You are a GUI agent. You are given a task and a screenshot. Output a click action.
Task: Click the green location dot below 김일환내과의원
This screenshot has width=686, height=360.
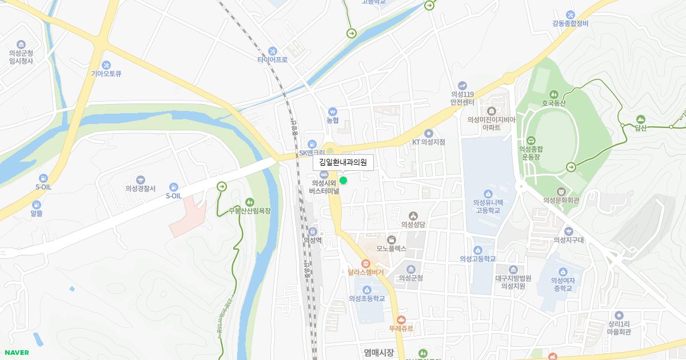pos(343,181)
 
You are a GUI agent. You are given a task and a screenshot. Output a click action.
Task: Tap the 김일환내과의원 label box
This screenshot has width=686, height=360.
pos(343,163)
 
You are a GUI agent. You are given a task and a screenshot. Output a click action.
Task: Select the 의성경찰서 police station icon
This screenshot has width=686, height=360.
pos(141,179)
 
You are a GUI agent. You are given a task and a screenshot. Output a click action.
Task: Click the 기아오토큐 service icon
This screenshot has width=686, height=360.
pos(106,65)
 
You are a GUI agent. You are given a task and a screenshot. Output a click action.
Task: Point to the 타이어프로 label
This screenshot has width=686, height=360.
pos(272,59)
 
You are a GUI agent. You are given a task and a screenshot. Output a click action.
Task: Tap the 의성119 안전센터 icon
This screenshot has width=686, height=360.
pos(462,85)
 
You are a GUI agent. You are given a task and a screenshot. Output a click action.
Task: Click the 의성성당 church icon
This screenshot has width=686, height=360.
pos(413,215)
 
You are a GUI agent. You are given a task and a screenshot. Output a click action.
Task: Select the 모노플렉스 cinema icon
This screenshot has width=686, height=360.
pos(392,239)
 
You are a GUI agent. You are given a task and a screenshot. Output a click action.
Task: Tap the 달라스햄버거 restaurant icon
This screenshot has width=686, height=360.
pos(366,263)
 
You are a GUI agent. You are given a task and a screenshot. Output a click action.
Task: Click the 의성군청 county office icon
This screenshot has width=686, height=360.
pos(410,269)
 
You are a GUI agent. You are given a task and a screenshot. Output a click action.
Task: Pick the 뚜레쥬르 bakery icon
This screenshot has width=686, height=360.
pos(401,320)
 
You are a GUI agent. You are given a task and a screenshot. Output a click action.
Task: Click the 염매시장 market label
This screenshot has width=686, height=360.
pos(378,353)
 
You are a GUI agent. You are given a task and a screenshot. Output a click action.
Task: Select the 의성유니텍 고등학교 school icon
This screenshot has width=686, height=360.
pos(488,193)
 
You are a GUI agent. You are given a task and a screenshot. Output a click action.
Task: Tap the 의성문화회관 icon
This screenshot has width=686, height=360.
pos(561,191)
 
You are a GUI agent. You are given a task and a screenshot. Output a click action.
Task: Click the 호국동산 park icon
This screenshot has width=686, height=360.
pos(553,94)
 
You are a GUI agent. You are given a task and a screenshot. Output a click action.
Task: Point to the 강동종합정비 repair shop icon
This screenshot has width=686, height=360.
pos(570,14)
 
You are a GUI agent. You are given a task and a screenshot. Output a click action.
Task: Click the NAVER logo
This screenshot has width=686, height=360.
pos(17,353)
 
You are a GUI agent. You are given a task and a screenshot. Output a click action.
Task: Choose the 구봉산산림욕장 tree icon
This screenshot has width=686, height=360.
pos(249,202)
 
